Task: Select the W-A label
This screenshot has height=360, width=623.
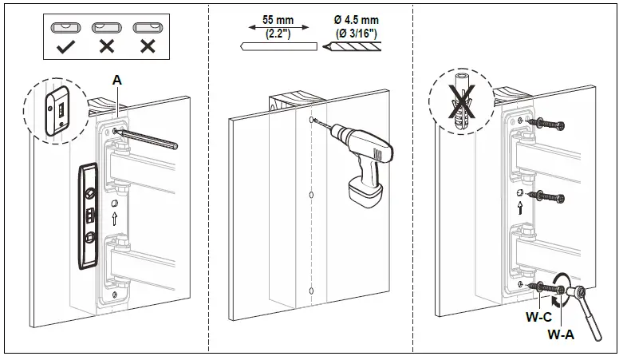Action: [561, 335]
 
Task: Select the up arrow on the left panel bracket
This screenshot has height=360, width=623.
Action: [116, 217]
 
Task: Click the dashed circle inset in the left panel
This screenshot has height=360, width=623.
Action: [53, 115]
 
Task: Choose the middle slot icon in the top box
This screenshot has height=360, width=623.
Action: [106, 26]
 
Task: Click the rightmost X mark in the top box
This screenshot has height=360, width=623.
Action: [147, 46]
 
